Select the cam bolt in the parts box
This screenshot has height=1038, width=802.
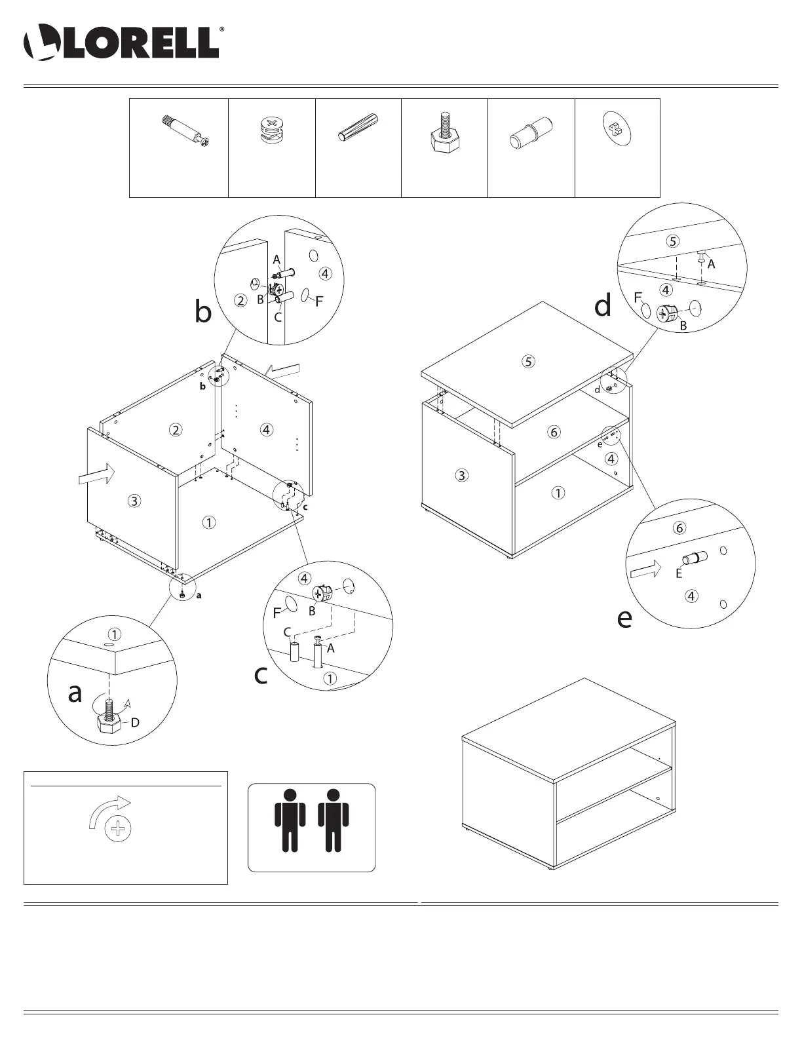coord(184,130)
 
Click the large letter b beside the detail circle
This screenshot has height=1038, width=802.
coord(203,313)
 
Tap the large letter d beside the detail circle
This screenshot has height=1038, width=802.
coord(603,305)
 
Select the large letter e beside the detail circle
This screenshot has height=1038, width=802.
coord(624,618)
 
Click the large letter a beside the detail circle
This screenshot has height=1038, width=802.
coord(75,692)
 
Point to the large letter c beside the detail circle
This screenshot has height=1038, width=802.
coord(261,675)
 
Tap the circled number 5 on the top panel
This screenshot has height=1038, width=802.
coord(529,360)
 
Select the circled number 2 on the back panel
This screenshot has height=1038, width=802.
coord(175,430)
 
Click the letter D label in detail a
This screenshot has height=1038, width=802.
coord(135,723)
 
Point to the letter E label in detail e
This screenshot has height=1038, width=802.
coord(679,573)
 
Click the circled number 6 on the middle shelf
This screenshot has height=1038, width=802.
coord(554,432)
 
